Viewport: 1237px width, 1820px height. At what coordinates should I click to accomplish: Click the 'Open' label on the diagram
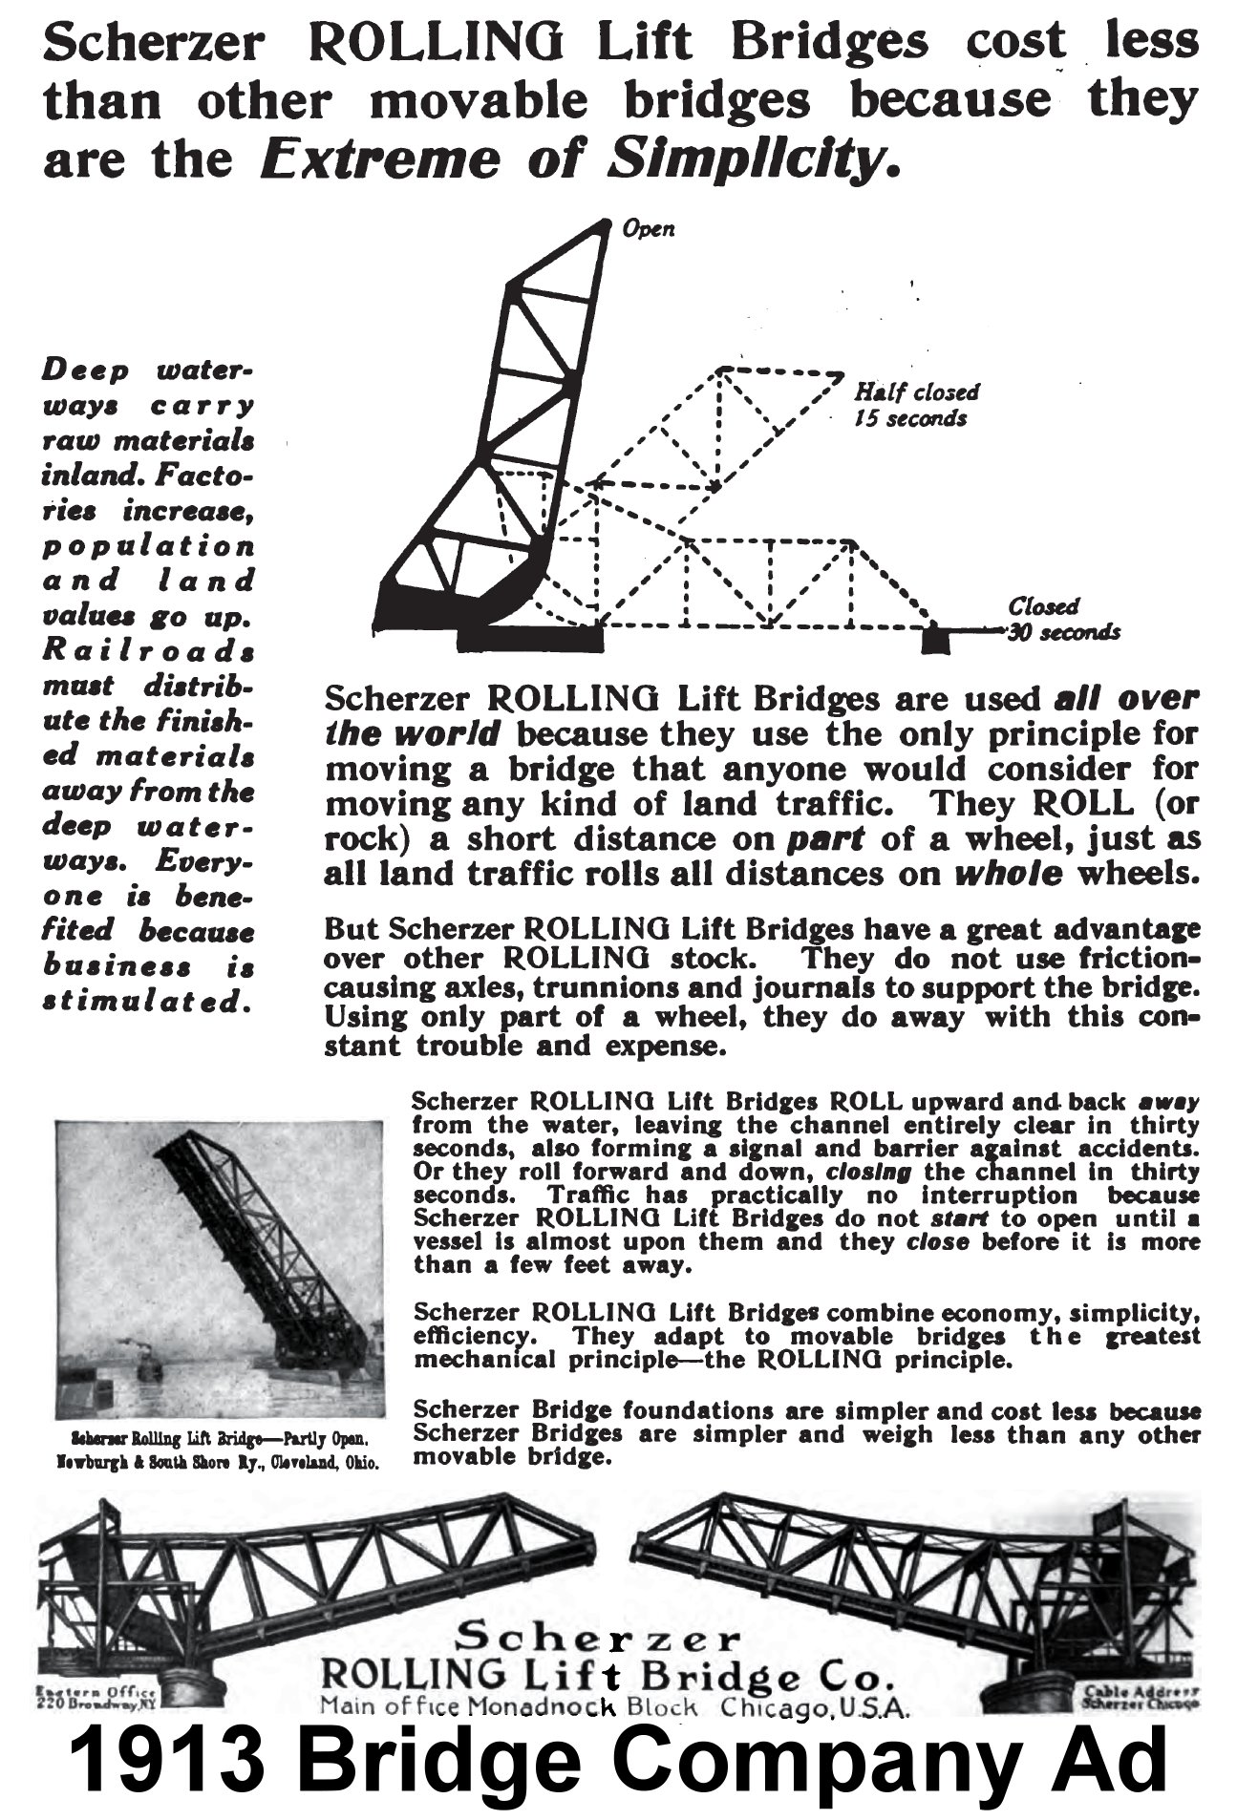coord(649,229)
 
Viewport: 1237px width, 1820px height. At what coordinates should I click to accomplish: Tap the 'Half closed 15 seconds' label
coord(915,405)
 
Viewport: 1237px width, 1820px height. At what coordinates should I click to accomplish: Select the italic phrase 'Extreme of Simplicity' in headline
coord(579,159)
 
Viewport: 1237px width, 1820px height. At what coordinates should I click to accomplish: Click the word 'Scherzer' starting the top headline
coord(161,42)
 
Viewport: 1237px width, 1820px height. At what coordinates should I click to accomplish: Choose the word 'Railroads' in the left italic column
coord(149,652)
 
